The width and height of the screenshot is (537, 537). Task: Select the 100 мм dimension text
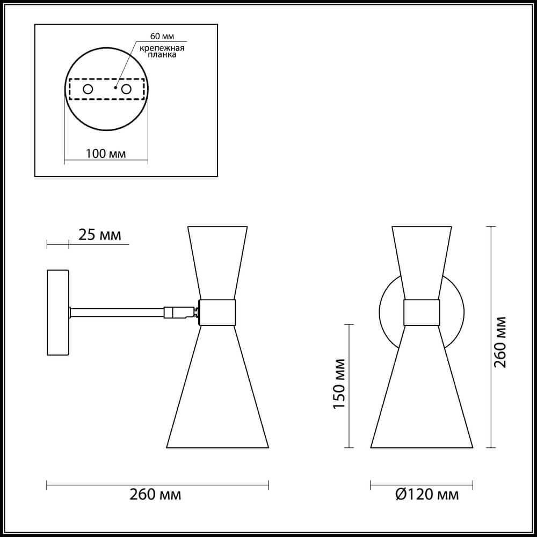pyautogui.click(x=106, y=154)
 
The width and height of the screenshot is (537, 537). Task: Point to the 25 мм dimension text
pyautogui.click(x=100, y=235)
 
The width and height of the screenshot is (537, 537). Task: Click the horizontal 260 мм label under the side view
pyautogui.click(x=156, y=495)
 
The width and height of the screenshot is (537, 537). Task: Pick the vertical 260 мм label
pyautogui.click(x=500, y=341)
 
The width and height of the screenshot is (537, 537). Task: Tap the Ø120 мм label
pyautogui.click(x=427, y=495)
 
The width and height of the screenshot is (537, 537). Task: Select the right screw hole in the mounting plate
pyautogui.click(x=127, y=89)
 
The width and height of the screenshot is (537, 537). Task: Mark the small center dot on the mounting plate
pyautogui.click(x=115, y=86)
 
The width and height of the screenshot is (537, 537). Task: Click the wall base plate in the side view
pyautogui.click(x=57, y=312)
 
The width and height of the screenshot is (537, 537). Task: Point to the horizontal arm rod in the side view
pyautogui.click(x=116, y=312)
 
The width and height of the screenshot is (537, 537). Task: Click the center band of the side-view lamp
pyautogui.click(x=217, y=312)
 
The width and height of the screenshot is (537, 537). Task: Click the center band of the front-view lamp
pyautogui.click(x=422, y=312)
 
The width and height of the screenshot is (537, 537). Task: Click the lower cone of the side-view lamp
pyautogui.click(x=217, y=392)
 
